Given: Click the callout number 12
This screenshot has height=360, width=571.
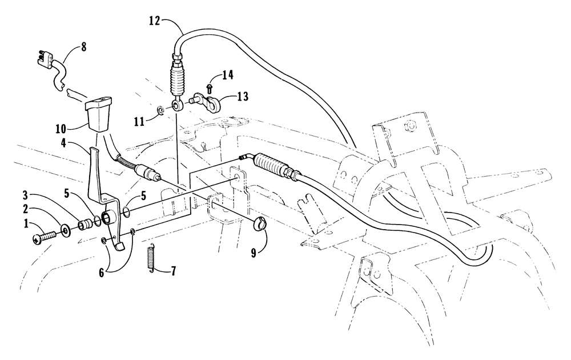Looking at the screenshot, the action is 154,21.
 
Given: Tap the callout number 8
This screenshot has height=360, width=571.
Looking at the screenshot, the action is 84,47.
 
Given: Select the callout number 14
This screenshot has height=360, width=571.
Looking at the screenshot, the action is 228,75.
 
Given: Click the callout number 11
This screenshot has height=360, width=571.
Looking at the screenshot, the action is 139,121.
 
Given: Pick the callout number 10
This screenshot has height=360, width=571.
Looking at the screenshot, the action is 61,129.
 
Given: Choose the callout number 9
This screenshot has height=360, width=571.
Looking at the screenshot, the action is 254,253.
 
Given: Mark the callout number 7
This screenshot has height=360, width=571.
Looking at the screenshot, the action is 173,271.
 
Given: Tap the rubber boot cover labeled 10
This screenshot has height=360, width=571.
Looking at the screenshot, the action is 98,114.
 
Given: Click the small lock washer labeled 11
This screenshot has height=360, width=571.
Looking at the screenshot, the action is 159,109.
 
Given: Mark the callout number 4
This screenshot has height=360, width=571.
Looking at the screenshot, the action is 64,143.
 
